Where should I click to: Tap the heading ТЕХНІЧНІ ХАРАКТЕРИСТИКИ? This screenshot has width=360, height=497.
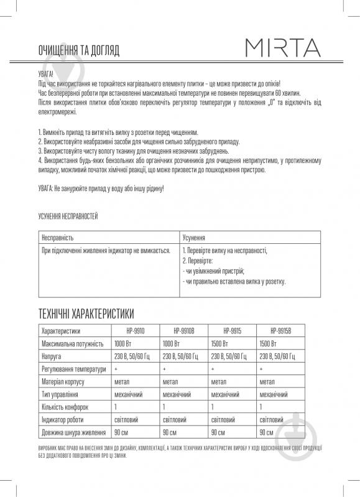coord(86,313)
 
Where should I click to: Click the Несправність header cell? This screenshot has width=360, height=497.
coord(58,238)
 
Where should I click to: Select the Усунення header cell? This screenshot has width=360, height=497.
coord(195,238)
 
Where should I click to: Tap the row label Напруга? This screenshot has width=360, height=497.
coord(51,356)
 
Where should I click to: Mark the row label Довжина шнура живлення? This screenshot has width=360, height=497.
coord(73,432)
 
